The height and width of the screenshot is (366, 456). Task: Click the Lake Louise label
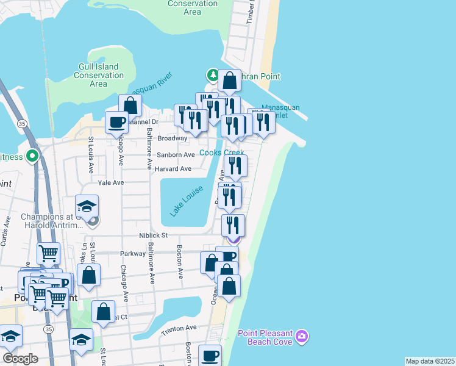[x=185, y=201]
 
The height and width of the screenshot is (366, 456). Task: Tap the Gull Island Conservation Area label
[x=98, y=75]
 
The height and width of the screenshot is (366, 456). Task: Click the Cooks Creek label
[x=222, y=152]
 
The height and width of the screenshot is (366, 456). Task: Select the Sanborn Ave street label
[x=177, y=155]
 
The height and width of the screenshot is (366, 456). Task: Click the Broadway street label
[x=173, y=138]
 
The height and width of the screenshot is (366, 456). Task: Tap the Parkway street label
[x=134, y=253]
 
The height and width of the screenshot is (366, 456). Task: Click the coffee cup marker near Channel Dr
[x=116, y=122]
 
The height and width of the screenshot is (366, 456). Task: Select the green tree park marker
[x=213, y=75]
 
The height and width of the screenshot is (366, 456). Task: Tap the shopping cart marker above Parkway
[x=48, y=253]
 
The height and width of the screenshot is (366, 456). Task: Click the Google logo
[x=20, y=358]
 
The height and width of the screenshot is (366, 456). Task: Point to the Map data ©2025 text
[x=430, y=361]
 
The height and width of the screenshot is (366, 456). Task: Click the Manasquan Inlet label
[x=280, y=111]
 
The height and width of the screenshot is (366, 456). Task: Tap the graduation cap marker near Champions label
[x=87, y=206]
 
